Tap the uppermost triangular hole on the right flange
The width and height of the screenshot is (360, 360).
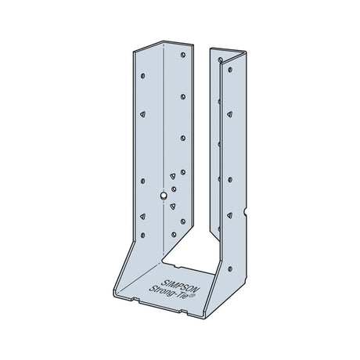(x=229, y=114)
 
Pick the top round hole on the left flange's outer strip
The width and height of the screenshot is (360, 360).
(x=143, y=77)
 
